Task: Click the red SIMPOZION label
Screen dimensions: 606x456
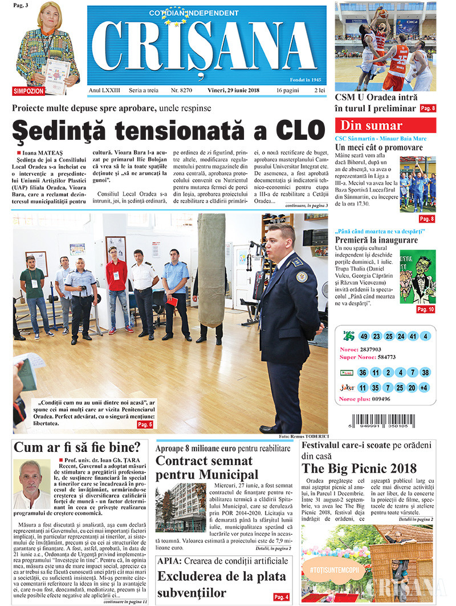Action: [29, 91]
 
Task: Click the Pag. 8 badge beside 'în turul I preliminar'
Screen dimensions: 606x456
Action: [427, 108]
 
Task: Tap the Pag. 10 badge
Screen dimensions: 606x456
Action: [425, 309]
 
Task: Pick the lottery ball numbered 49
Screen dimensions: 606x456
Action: [364, 336]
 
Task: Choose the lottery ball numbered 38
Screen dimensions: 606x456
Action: [426, 373]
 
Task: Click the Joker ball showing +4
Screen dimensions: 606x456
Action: [425, 388]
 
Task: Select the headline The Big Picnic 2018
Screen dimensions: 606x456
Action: [359, 468]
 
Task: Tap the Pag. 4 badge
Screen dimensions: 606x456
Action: [280, 597]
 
